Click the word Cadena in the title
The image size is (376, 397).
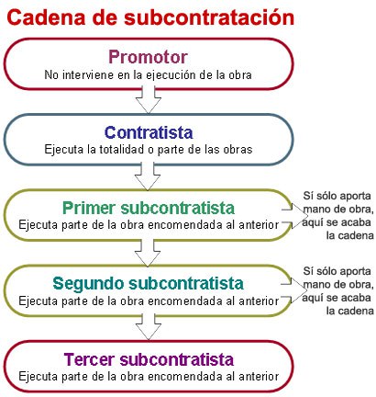[46, 17]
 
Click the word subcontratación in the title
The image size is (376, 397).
[209, 17]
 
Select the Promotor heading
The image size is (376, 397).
[148, 57]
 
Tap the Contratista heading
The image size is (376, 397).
[149, 132]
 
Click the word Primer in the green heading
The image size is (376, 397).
[89, 208]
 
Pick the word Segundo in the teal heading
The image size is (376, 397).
[89, 284]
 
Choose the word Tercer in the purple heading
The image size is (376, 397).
[90, 359]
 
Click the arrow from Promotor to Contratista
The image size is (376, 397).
[149, 100]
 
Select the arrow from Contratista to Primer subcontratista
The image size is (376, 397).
[148, 176]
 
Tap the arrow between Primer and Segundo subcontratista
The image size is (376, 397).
[148, 252]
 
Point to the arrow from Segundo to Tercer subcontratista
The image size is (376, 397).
[149, 326]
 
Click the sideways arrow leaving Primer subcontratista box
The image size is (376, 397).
[294, 216]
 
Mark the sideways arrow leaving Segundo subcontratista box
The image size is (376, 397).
[293, 290]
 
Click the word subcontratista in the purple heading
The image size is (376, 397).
[177, 359]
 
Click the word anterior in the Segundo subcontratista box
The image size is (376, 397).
[259, 301]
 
